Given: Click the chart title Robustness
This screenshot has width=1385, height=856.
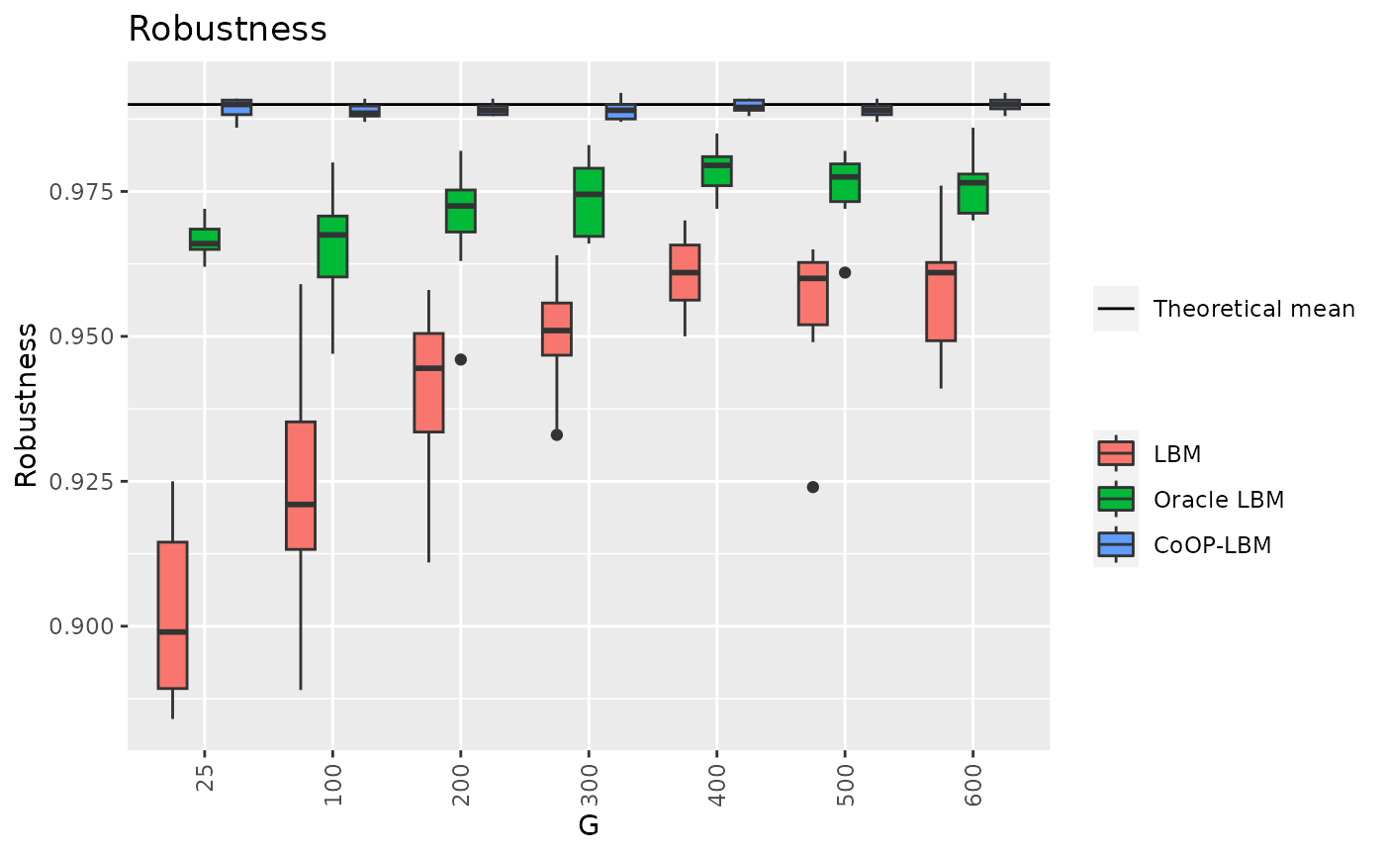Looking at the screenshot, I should click(228, 30).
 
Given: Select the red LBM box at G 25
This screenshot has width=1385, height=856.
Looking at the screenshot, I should click(173, 615).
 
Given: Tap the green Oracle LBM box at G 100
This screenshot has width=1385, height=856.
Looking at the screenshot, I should click(332, 246).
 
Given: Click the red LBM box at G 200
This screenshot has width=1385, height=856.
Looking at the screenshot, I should click(428, 383).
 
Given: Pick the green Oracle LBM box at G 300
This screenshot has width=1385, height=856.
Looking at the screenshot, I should click(589, 203).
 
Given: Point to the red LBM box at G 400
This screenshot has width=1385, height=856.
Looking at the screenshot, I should click(685, 272).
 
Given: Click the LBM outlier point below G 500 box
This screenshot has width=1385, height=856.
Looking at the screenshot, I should click(813, 487).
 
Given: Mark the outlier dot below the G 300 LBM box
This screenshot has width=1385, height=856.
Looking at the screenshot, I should click(557, 434).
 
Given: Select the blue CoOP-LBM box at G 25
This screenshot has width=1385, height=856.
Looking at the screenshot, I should click(236, 108).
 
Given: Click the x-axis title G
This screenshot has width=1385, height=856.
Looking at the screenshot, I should click(589, 825).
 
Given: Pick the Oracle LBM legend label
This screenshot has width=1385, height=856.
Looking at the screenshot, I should click(1218, 500).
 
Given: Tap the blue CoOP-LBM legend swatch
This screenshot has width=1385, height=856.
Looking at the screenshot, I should click(1116, 544).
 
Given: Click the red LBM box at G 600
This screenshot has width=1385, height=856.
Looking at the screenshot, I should click(941, 301).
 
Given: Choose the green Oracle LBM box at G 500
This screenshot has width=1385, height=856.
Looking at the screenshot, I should click(845, 182).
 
